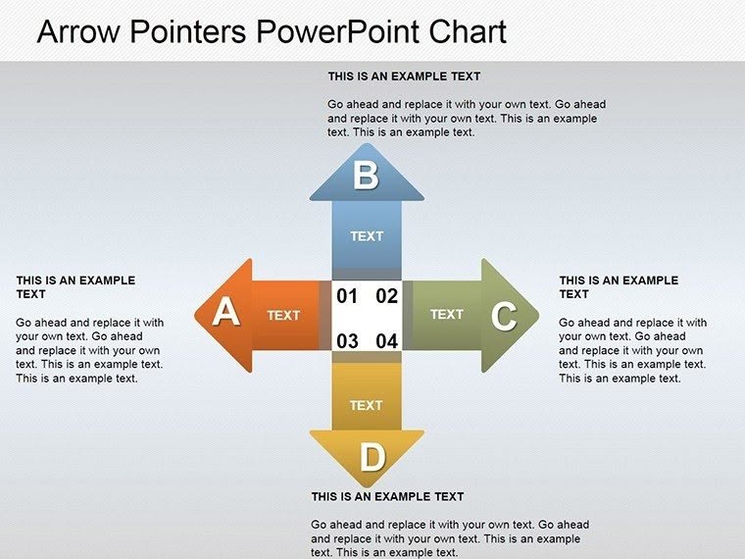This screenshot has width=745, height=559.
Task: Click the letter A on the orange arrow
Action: point(225,312)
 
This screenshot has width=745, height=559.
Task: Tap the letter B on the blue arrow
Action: point(366,176)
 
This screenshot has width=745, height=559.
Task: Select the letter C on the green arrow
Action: point(504,316)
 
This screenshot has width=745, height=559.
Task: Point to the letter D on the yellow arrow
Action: point(372,457)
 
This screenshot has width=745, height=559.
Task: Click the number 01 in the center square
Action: point(347,296)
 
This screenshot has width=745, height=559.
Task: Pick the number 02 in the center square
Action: point(387,296)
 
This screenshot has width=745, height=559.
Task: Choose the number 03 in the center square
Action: point(347,341)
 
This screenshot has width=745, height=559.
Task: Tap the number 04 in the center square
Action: point(387,341)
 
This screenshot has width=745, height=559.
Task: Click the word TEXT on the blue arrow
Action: point(367,236)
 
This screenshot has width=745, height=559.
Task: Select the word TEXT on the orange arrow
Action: point(283,315)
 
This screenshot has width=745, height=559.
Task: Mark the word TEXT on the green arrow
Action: point(447,314)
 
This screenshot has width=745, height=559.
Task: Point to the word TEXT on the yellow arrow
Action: point(367,405)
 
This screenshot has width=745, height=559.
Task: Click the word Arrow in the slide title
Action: point(78,31)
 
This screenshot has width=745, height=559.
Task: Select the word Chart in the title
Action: point(468,31)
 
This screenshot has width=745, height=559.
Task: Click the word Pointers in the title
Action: point(187,31)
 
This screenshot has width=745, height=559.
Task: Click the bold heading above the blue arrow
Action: point(404,76)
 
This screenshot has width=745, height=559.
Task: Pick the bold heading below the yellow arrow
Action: point(388,497)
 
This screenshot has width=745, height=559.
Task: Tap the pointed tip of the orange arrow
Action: point(195,315)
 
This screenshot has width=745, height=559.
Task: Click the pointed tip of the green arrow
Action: point(539,314)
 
